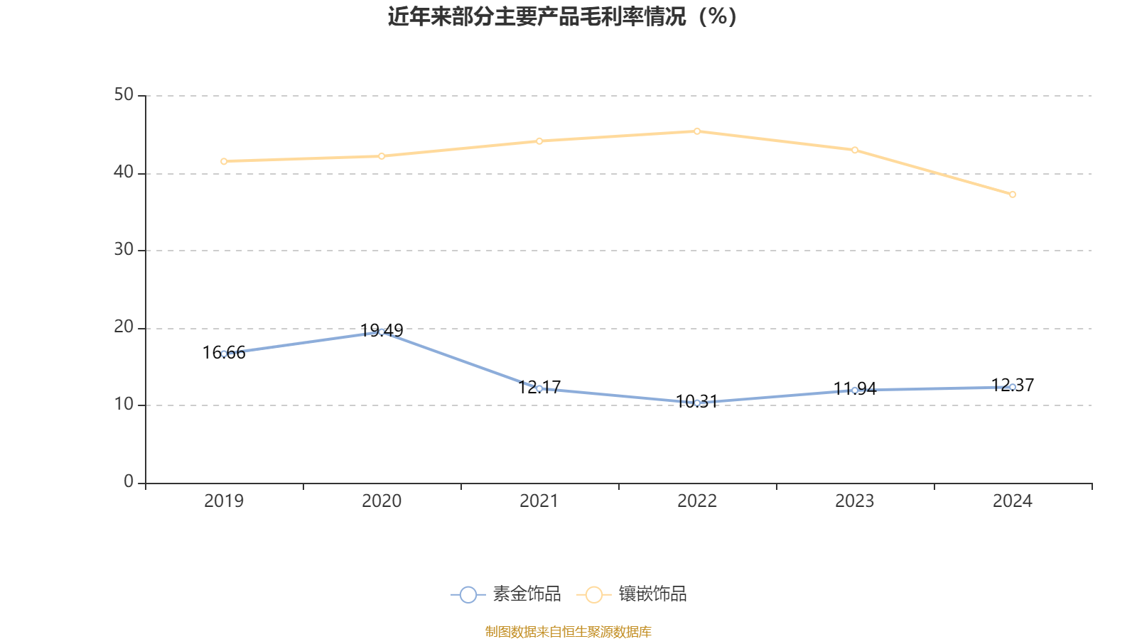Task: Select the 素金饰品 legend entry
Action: click(x=506, y=594)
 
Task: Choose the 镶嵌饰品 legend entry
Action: click(x=632, y=594)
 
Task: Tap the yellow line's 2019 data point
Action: click(x=224, y=161)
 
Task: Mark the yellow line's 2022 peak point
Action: click(x=697, y=131)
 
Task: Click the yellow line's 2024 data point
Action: click(x=1013, y=195)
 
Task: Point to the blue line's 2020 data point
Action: click(x=382, y=332)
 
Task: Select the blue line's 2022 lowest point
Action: click(x=697, y=403)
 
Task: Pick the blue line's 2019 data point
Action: click(x=224, y=354)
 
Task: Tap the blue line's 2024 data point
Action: click(x=1013, y=387)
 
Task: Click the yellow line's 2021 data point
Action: click(x=539, y=141)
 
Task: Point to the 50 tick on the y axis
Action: click(x=124, y=95)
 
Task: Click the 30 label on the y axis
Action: click(x=124, y=250)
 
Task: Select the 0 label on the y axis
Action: click(x=129, y=482)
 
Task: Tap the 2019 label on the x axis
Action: click(x=224, y=501)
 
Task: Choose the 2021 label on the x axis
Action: click(x=539, y=501)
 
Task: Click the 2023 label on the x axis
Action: click(x=855, y=501)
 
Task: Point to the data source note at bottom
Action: click(x=568, y=631)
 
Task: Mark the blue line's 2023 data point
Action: click(x=855, y=390)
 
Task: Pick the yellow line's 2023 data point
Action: click(x=855, y=150)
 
